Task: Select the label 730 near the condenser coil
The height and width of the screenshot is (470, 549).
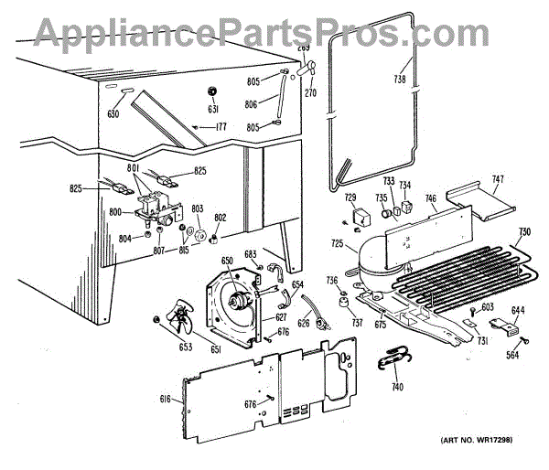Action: pyautogui.click(x=524, y=230)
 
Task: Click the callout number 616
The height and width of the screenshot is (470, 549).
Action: pyautogui.click(x=165, y=401)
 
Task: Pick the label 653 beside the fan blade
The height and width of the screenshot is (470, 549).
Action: pyautogui.click(x=159, y=347)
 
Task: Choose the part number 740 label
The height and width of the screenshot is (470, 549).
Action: pyautogui.click(x=396, y=388)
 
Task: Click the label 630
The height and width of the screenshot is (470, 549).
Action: pyautogui.click(x=113, y=114)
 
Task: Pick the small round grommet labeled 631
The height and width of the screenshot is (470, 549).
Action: pyautogui.click(x=212, y=91)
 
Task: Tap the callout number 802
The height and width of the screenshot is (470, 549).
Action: pyautogui.click(x=220, y=217)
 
